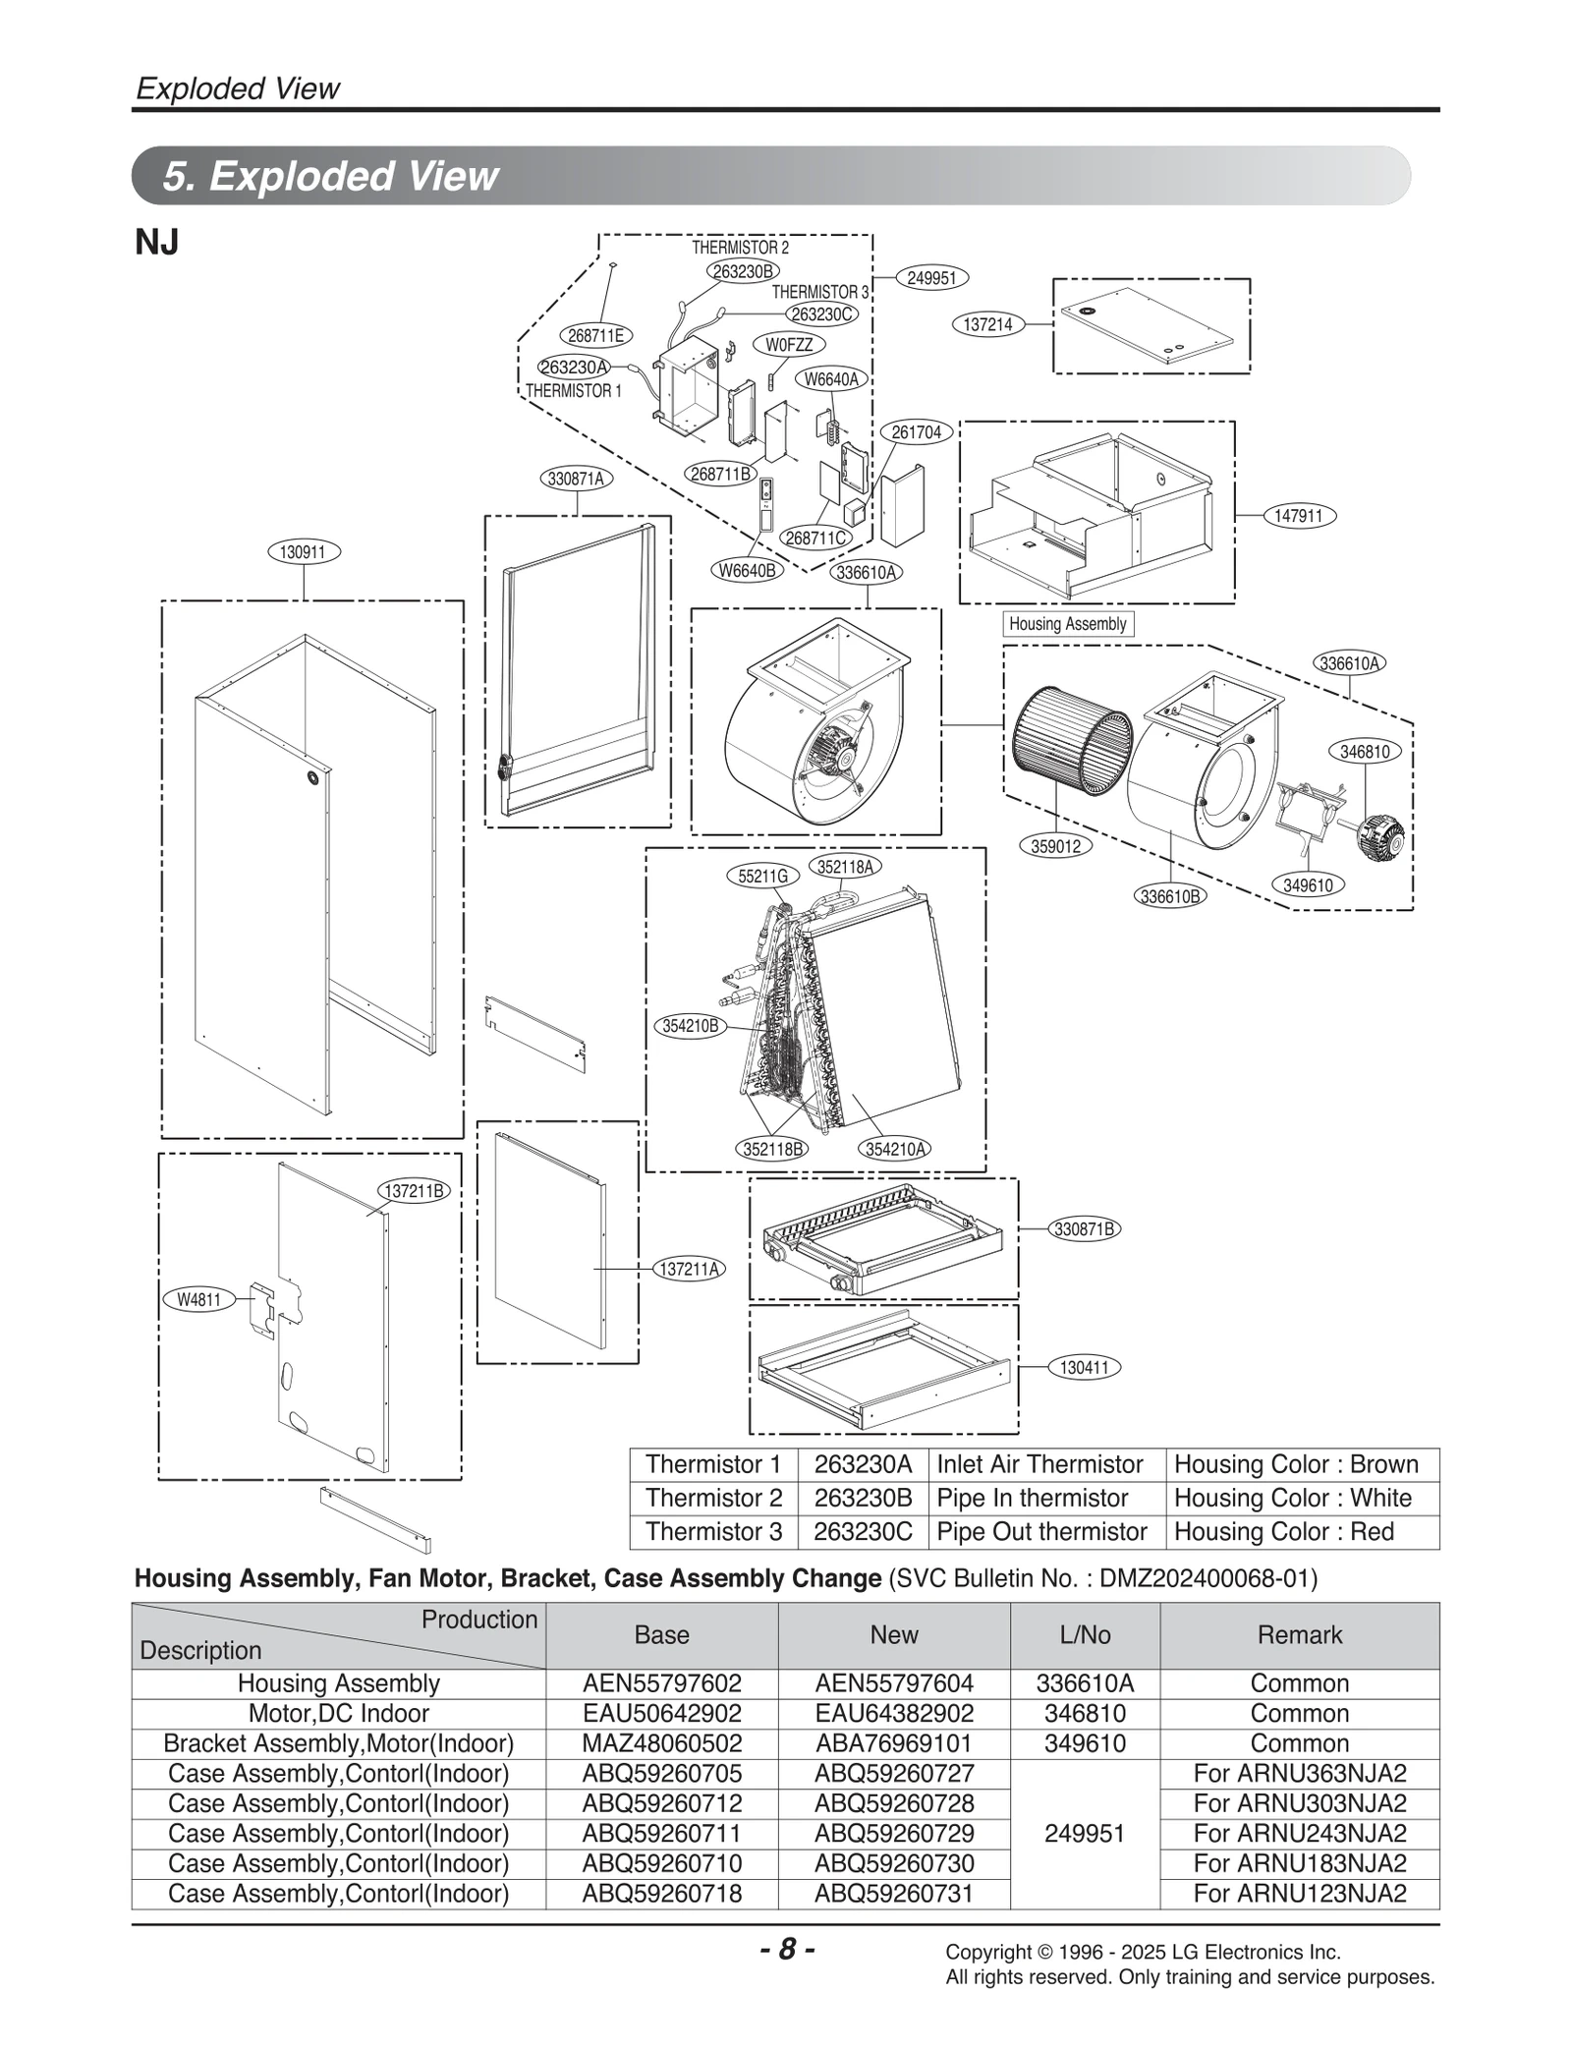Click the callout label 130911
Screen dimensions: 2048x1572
click(x=303, y=552)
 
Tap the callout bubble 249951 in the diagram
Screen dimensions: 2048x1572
click(x=930, y=278)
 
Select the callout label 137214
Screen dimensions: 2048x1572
click(x=987, y=324)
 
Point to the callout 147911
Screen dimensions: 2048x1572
click(x=1299, y=515)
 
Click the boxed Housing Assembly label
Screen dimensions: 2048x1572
click(x=1067, y=624)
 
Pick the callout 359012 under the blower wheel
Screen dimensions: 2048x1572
click(x=1055, y=846)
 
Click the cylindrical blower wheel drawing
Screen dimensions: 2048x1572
click(x=1071, y=752)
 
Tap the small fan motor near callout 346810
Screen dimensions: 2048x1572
click(x=1379, y=837)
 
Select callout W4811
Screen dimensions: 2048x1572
click(x=198, y=1300)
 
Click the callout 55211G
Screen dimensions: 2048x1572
click(x=762, y=876)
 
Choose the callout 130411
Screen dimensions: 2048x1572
click(x=1085, y=1367)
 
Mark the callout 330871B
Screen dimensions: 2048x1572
click(x=1085, y=1228)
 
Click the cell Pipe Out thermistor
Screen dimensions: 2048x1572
click(x=1041, y=1532)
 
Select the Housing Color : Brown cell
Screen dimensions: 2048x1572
click(x=1296, y=1464)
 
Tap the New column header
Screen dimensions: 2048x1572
click(x=893, y=1634)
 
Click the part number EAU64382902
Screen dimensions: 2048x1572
click(x=893, y=1713)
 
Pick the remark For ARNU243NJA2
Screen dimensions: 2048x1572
click(x=1299, y=1833)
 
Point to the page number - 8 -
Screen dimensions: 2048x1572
click(x=787, y=1949)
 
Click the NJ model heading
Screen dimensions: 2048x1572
click(x=156, y=242)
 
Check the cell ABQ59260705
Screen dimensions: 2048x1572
click(x=661, y=1773)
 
